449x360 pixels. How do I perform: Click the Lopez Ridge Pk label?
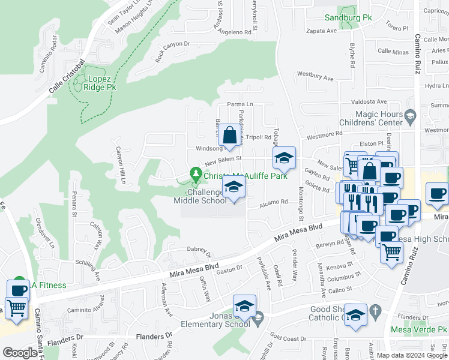[101, 83]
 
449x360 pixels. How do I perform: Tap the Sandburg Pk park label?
[349, 17]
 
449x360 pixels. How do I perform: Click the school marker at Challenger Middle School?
[234, 188]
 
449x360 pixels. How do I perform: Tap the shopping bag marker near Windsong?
[229, 136]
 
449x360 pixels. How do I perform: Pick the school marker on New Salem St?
[284, 158]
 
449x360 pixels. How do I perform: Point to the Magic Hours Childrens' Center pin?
[411, 116]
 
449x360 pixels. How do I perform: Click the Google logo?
[20, 352]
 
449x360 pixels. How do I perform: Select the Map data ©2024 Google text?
[411, 355]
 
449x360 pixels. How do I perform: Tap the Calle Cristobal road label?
[66, 77]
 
